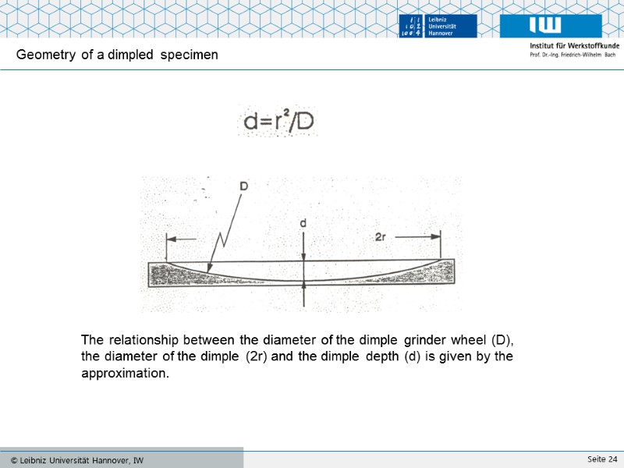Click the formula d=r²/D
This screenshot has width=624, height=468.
pyautogui.click(x=278, y=122)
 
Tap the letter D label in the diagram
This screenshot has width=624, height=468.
pyautogui.click(x=244, y=187)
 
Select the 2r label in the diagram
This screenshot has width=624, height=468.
pyautogui.click(x=381, y=236)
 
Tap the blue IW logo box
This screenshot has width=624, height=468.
pyautogui.click(x=551, y=25)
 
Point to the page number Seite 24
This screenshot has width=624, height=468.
pyautogui.click(x=602, y=459)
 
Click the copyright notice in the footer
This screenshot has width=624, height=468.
pyautogui.click(x=76, y=460)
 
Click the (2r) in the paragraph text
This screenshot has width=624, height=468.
pyautogui.click(x=257, y=357)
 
